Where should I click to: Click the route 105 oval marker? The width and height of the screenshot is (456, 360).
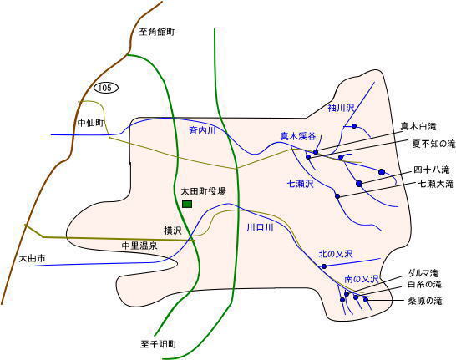[x=106, y=88]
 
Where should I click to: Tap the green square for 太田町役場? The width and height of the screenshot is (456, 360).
[x=187, y=204]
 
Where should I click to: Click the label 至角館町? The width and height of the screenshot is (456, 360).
[x=157, y=32]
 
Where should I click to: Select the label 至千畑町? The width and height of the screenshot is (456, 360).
[x=159, y=345]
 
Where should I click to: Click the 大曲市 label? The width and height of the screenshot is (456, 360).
[x=32, y=258]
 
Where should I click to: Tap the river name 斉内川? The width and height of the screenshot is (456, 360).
[x=202, y=130]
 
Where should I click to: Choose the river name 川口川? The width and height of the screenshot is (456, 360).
[x=260, y=227]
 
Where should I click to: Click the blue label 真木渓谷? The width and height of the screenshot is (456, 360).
[x=298, y=136]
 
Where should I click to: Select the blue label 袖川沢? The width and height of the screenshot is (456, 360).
[x=341, y=108]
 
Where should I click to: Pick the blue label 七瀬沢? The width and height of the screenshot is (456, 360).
[x=301, y=184]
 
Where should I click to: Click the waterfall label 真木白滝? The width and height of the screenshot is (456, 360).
[x=418, y=126]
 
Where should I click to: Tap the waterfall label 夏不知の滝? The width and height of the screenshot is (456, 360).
[x=433, y=144]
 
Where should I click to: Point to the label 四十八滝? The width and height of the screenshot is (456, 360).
[x=432, y=170]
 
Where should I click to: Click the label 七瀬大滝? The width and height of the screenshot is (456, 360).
[x=436, y=184]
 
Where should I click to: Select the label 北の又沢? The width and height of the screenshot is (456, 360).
[x=336, y=254]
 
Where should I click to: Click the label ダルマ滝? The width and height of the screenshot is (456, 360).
[x=423, y=273]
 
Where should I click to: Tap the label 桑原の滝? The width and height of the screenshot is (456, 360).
[x=425, y=301]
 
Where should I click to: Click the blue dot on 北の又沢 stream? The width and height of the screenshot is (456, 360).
[x=324, y=266]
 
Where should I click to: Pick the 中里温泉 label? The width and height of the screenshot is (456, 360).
[x=139, y=246]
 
